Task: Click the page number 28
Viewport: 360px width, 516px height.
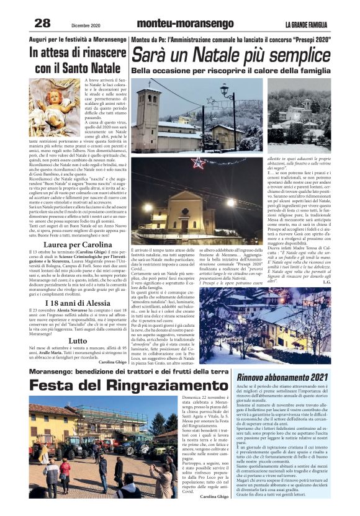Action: [x=42, y=24]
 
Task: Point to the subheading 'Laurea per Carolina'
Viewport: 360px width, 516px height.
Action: [x=78, y=245]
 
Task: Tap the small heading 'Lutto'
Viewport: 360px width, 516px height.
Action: [x=78, y=341]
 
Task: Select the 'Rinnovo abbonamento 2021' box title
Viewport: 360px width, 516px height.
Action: [x=283, y=377]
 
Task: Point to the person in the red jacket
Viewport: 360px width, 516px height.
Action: [x=65, y=473]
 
